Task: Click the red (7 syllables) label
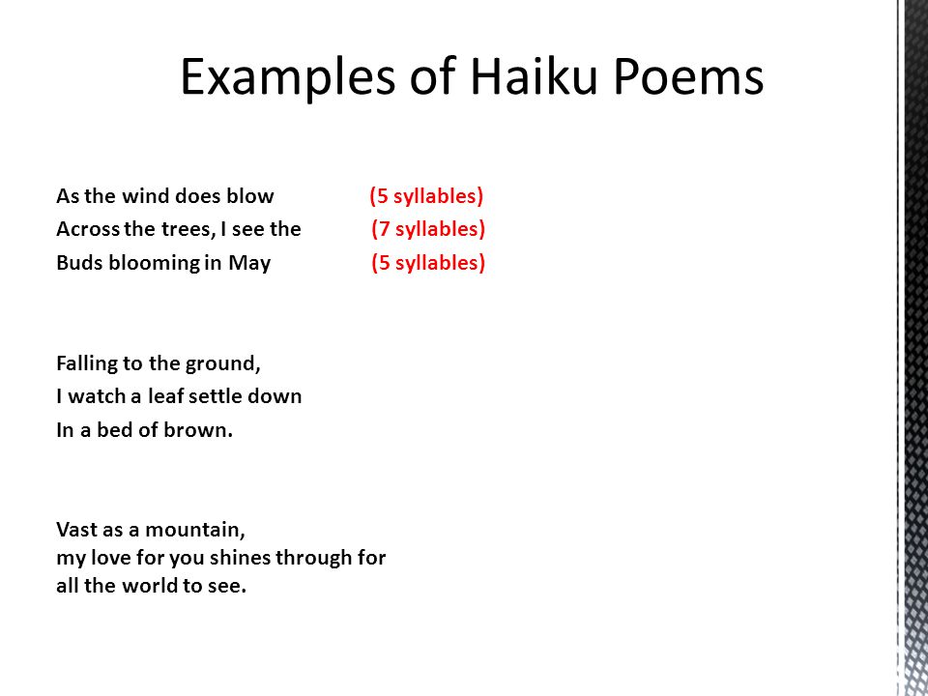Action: pyautogui.click(x=428, y=229)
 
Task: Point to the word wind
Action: pyautogui.click(x=143, y=196)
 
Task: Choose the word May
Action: pyautogui.click(x=249, y=263)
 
